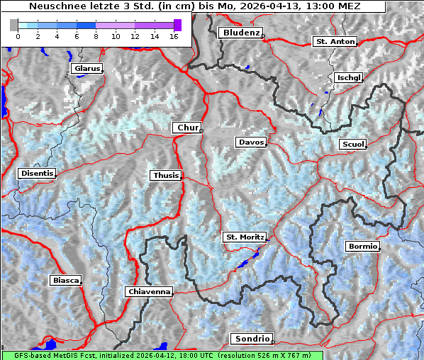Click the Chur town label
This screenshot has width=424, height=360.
coord(187,128)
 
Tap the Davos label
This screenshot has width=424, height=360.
coord(251,142)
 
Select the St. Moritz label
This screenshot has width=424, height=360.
coord(244,237)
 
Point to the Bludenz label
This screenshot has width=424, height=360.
coord(240,33)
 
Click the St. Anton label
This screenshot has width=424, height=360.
coord(334,42)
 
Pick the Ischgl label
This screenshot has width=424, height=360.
coord(349,77)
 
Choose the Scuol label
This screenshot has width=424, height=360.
coord(352,145)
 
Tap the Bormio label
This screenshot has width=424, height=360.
coord(362,247)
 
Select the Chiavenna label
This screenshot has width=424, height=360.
coord(149,291)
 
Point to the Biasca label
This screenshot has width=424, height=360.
coord(66,280)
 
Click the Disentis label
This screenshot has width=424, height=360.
coord(37,173)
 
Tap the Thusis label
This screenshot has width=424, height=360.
coord(166,175)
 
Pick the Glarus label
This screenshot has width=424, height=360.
coord(86,69)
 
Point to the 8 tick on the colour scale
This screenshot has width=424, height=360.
coord(95,36)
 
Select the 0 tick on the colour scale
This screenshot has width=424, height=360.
coord(18,36)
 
